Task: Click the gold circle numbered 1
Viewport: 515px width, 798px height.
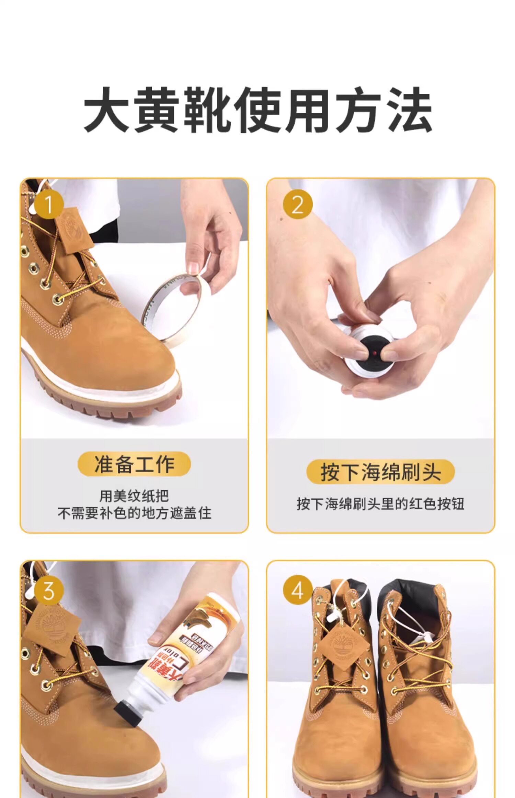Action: (48, 205)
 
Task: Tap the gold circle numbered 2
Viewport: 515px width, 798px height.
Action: (297, 205)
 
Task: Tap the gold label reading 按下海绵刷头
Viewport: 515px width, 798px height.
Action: (380, 472)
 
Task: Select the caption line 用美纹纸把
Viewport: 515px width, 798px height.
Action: (134, 496)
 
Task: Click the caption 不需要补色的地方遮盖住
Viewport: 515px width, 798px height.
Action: (134, 513)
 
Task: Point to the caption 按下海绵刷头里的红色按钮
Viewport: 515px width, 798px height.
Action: (380, 504)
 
